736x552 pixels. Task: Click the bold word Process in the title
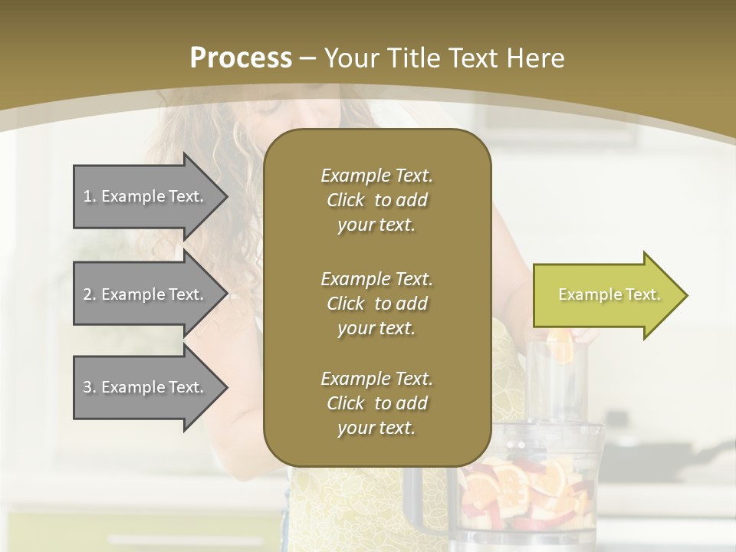coord(240,58)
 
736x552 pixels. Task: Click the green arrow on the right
coord(606,295)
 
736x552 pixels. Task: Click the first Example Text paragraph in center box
coord(376,200)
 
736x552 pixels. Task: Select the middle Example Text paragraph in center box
coord(376,303)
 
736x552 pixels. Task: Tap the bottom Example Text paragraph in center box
coord(376,403)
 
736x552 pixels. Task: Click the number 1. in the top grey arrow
coord(90,196)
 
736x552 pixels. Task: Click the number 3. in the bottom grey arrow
coord(90,387)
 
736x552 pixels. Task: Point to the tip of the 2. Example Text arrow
coord(226,294)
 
